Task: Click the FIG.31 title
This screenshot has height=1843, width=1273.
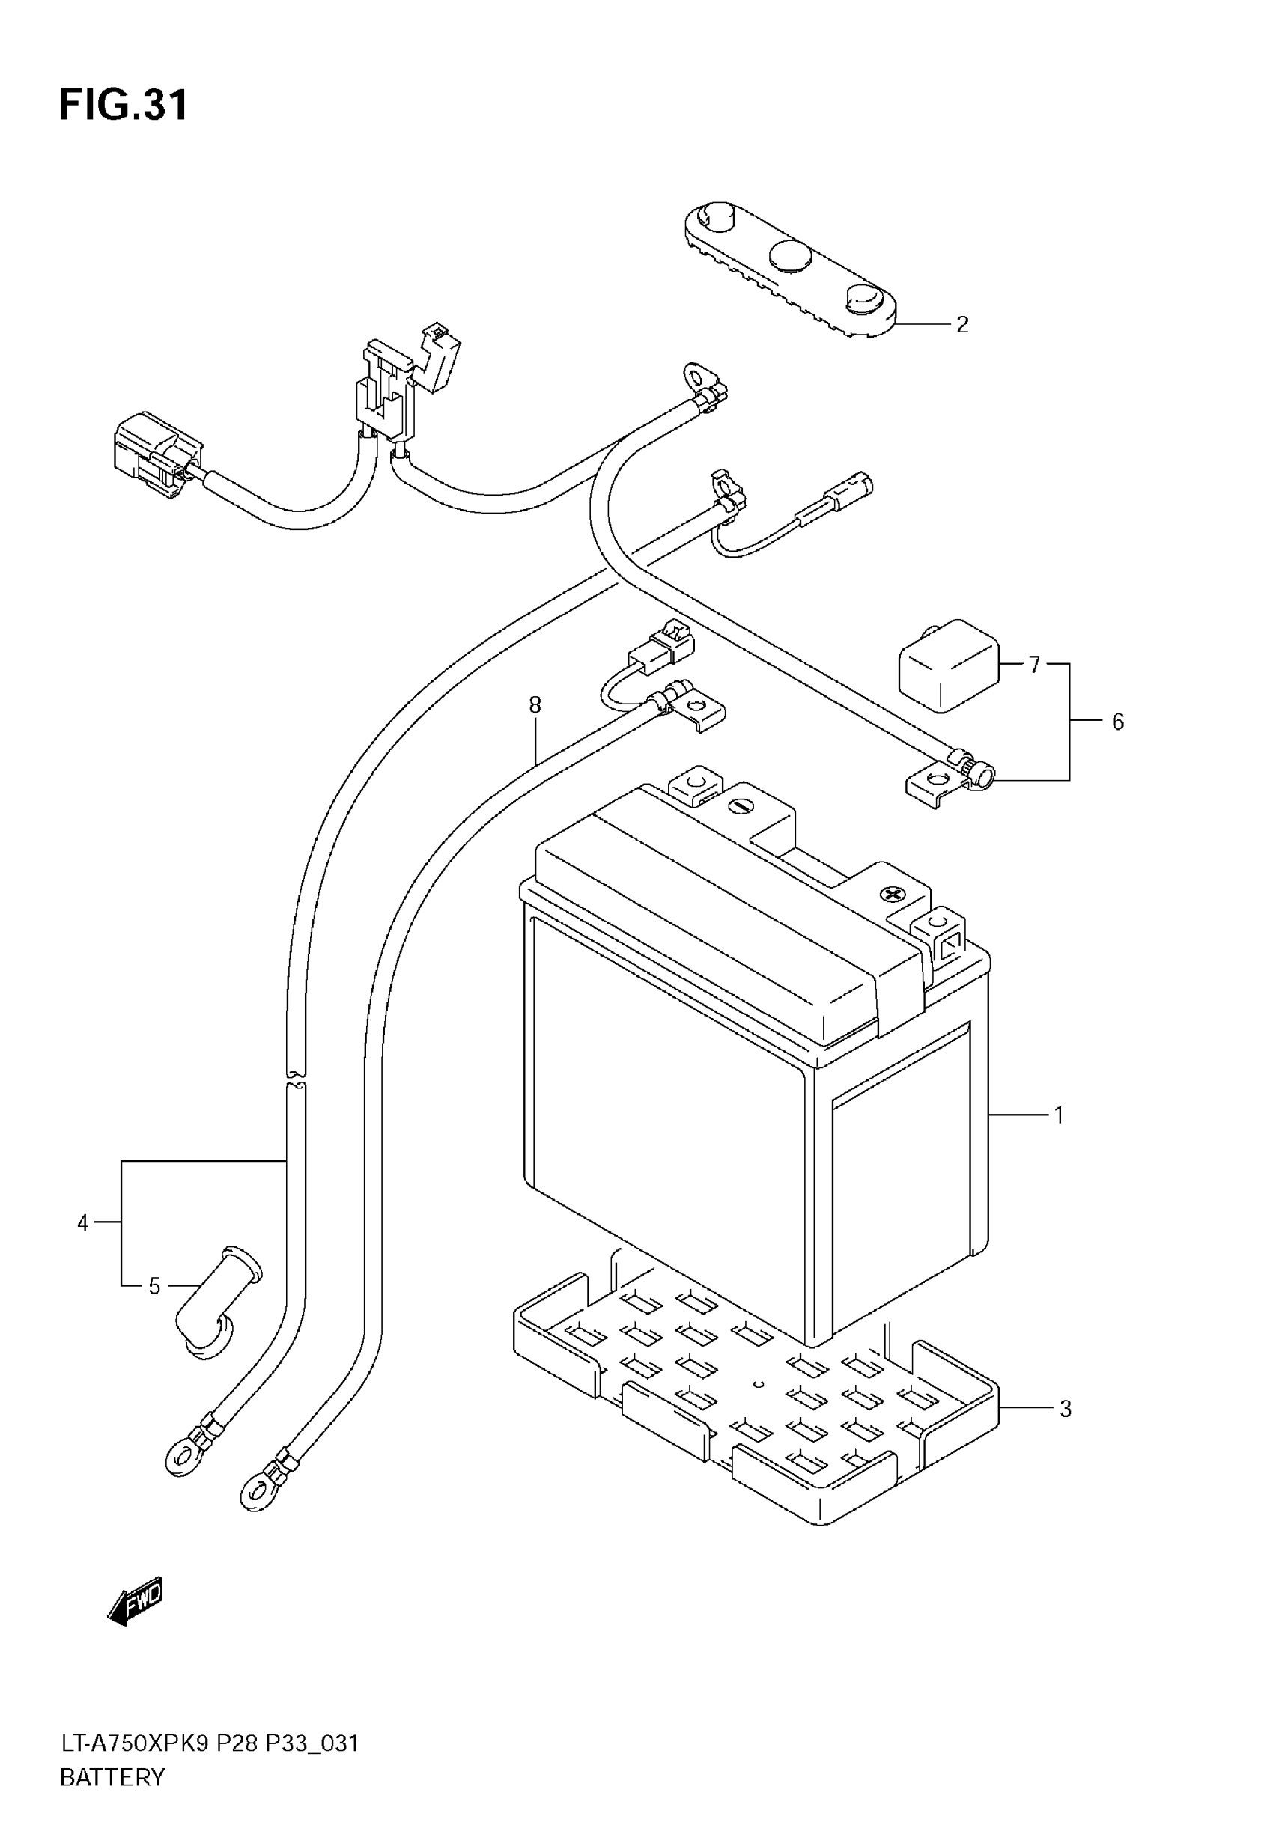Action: pos(124,106)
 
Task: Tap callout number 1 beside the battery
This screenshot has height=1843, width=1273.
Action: pos(1058,1115)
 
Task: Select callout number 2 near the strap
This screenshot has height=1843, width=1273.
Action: pos(962,325)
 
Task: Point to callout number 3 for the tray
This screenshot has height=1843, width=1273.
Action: pos(1066,1410)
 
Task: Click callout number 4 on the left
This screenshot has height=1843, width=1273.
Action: pos(83,1223)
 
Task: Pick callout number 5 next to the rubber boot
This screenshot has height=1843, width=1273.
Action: pos(1117,722)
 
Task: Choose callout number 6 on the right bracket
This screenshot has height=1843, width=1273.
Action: pos(1033,664)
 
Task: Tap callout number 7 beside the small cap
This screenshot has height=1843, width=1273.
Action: pos(535,704)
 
